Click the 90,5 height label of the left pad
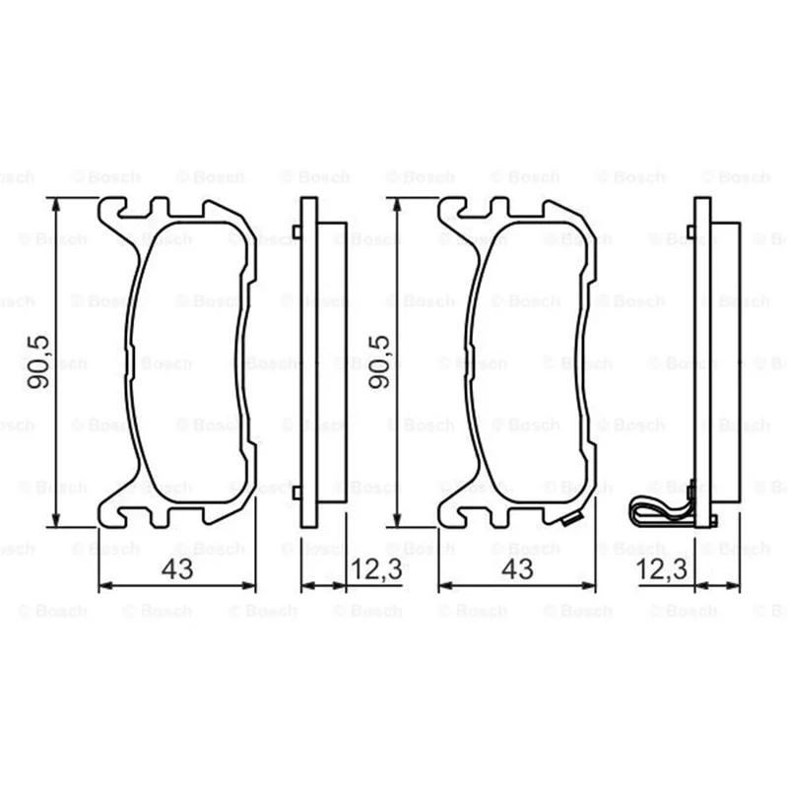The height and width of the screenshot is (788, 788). tap(38, 361)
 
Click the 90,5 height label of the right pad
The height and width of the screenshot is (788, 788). tap(379, 361)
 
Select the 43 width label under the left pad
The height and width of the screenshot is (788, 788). tap(177, 569)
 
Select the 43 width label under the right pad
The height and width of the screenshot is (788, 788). tap(518, 569)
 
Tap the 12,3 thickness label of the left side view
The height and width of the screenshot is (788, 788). tap(376, 569)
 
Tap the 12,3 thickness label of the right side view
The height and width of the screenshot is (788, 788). tap(661, 569)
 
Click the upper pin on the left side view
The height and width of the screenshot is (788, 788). tap(296, 231)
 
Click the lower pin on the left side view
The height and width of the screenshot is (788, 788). tap(296, 493)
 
